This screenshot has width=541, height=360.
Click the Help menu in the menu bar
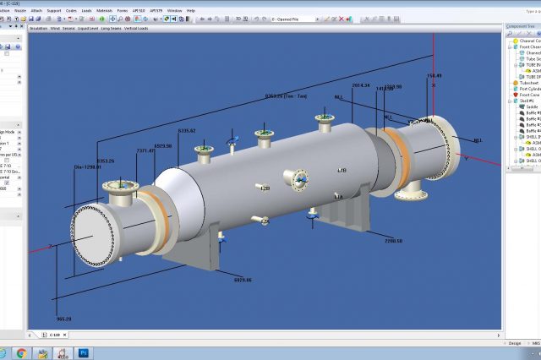pyautogui.click(x=190, y=10)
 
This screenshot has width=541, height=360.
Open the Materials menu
pyautogui.click(x=104, y=10)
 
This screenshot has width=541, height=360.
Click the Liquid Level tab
pyautogui.click(x=88, y=28)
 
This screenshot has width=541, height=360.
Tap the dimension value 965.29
pyautogui.click(x=63, y=295)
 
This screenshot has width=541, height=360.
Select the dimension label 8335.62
pyautogui.click(x=187, y=130)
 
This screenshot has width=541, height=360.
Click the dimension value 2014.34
pyautogui.click(x=361, y=85)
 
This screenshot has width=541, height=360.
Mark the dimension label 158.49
pyautogui.click(x=433, y=75)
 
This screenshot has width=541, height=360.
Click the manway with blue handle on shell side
pyautogui.click(x=299, y=177)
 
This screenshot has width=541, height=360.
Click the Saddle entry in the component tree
pyautogui.click(x=532, y=106)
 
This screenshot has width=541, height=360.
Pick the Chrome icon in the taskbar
pyautogui.click(x=21, y=352)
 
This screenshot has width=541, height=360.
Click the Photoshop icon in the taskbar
pyautogui.click(x=84, y=352)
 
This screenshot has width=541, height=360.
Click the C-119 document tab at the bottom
pyautogui.click(x=55, y=335)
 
